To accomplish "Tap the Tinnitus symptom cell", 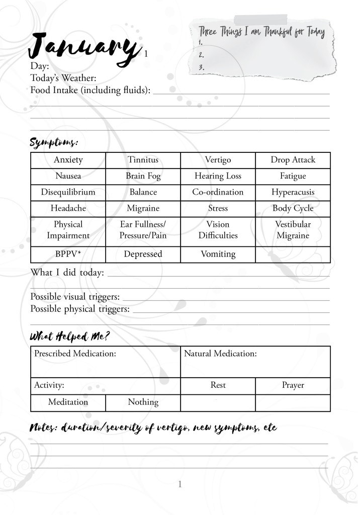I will [x=143, y=160].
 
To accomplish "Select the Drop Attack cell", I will [x=293, y=160].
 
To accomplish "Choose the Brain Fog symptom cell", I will [x=143, y=176].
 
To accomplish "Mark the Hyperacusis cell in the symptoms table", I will [x=293, y=192].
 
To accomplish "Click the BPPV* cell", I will [x=68, y=254].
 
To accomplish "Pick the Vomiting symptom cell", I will [x=218, y=254].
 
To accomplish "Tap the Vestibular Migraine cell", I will [x=293, y=230].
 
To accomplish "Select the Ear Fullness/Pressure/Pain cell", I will [x=143, y=230].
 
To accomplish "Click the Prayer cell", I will [x=293, y=385].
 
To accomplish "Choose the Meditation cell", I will [x=68, y=402].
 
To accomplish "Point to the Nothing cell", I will [x=143, y=402].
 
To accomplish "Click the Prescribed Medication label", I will [x=75, y=354].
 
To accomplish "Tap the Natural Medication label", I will [x=220, y=354].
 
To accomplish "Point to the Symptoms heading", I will [x=54, y=142].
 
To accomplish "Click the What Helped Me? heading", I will [x=70, y=336].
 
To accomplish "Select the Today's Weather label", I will [x=63, y=78].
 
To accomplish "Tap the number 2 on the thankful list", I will [x=201, y=55].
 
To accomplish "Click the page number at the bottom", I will [x=179, y=484].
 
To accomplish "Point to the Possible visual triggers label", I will [x=75, y=297].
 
